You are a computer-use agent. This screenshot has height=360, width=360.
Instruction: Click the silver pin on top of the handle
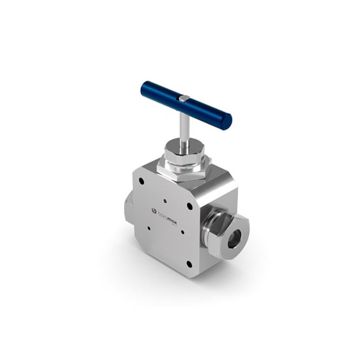[185, 97]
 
